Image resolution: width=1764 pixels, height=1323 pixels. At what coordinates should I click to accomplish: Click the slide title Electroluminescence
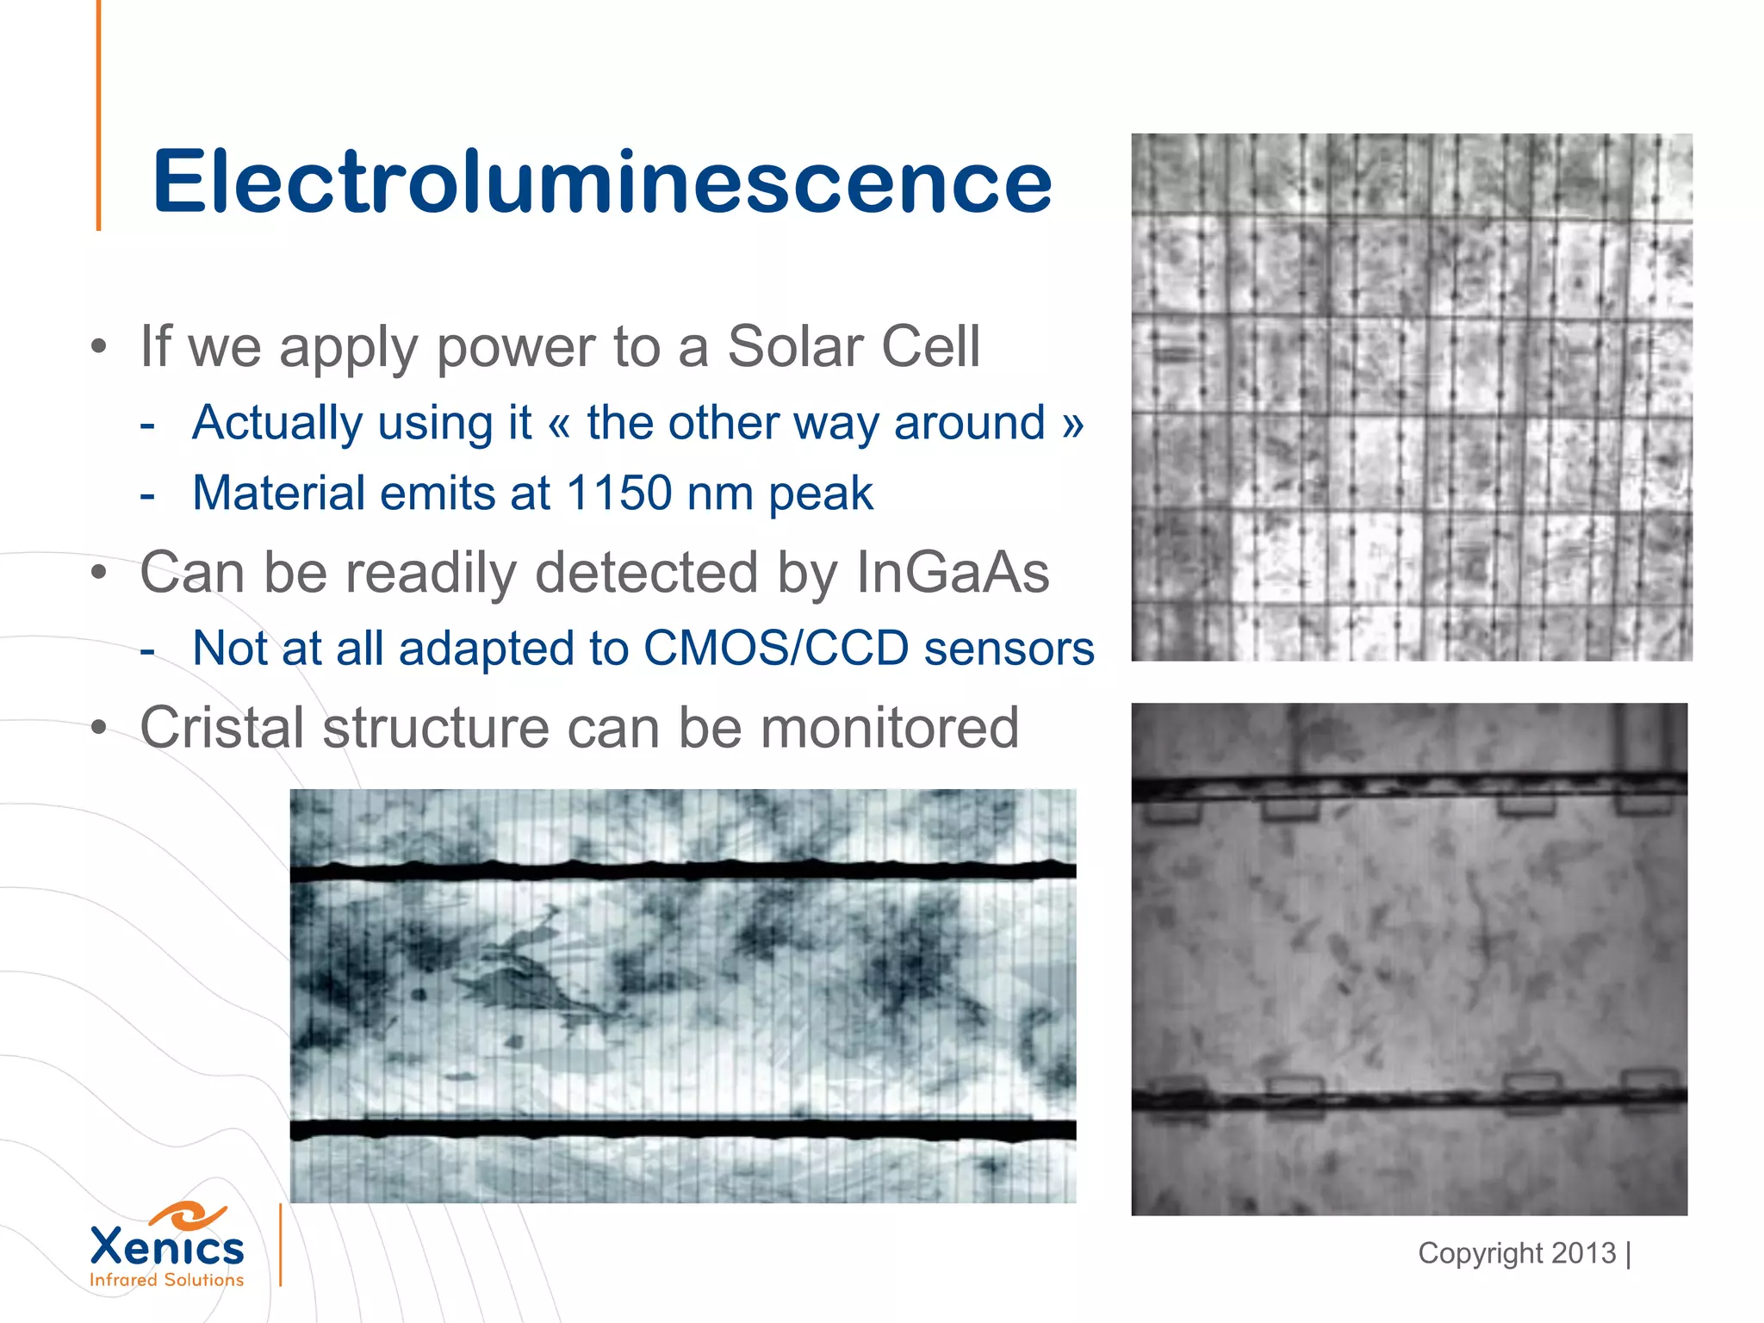(x=601, y=183)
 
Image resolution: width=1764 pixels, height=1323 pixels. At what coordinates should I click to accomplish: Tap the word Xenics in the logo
(x=167, y=1247)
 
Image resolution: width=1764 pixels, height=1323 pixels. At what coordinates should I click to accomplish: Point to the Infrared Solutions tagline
(x=167, y=1280)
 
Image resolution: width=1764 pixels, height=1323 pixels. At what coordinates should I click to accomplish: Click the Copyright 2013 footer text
(x=1517, y=1253)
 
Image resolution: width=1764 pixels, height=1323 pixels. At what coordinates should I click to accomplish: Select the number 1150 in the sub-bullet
(x=618, y=493)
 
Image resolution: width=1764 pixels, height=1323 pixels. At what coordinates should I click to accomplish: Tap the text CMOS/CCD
(x=776, y=648)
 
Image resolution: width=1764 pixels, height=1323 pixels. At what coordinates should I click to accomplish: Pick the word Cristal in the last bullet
(x=223, y=728)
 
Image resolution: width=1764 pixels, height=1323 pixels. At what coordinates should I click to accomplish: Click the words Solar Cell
(x=854, y=346)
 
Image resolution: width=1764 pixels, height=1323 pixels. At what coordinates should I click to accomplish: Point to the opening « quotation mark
(x=559, y=424)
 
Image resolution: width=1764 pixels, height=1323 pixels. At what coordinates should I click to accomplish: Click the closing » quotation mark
(x=1072, y=424)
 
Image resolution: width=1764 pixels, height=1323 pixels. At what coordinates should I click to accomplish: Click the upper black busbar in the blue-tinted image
(x=682, y=871)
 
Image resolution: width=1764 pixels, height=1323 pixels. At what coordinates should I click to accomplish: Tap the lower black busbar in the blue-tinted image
(x=682, y=1129)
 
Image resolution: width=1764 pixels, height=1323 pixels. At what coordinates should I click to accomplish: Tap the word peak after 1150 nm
(x=821, y=494)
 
